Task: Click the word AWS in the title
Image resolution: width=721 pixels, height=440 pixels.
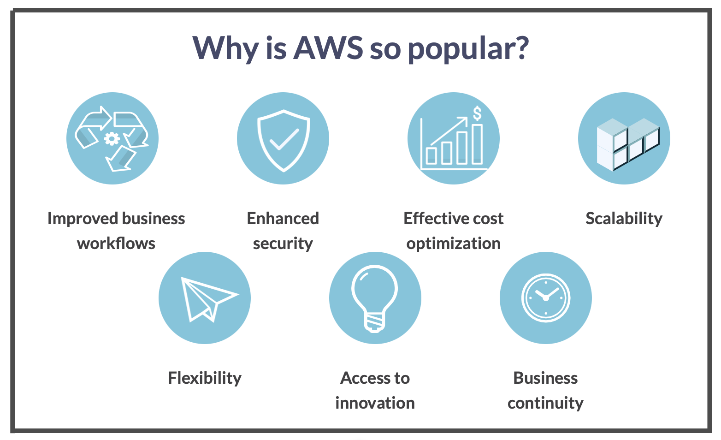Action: coord(328,48)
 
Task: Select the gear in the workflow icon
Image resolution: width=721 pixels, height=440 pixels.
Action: coord(112,139)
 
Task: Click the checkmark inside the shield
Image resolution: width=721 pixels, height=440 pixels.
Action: coord(284,139)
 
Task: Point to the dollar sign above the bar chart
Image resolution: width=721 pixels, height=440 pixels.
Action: coord(477,113)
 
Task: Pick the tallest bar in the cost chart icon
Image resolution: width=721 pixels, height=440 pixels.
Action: coord(477,144)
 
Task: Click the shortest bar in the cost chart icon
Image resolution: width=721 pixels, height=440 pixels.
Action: coord(431,156)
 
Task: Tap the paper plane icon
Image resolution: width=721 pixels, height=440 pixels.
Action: coord(210,299)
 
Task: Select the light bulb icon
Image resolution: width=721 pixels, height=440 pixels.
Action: coord(375,298)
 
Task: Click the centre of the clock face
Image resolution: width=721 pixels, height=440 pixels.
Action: coord(545,298)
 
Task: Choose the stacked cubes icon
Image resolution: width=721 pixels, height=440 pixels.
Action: coord(628,144)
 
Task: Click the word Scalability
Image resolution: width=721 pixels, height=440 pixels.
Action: coord(624,219)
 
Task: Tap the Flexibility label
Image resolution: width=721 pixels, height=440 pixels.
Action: coord(205,379)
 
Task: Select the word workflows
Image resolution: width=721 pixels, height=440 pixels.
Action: coord(116,243)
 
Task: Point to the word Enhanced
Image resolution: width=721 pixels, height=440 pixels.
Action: coord(283,219)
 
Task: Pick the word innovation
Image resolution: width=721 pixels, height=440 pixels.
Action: coord(375,403)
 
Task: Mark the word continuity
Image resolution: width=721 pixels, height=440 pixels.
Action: coord(545,404)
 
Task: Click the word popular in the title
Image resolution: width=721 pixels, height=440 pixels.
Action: coord(459,49)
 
